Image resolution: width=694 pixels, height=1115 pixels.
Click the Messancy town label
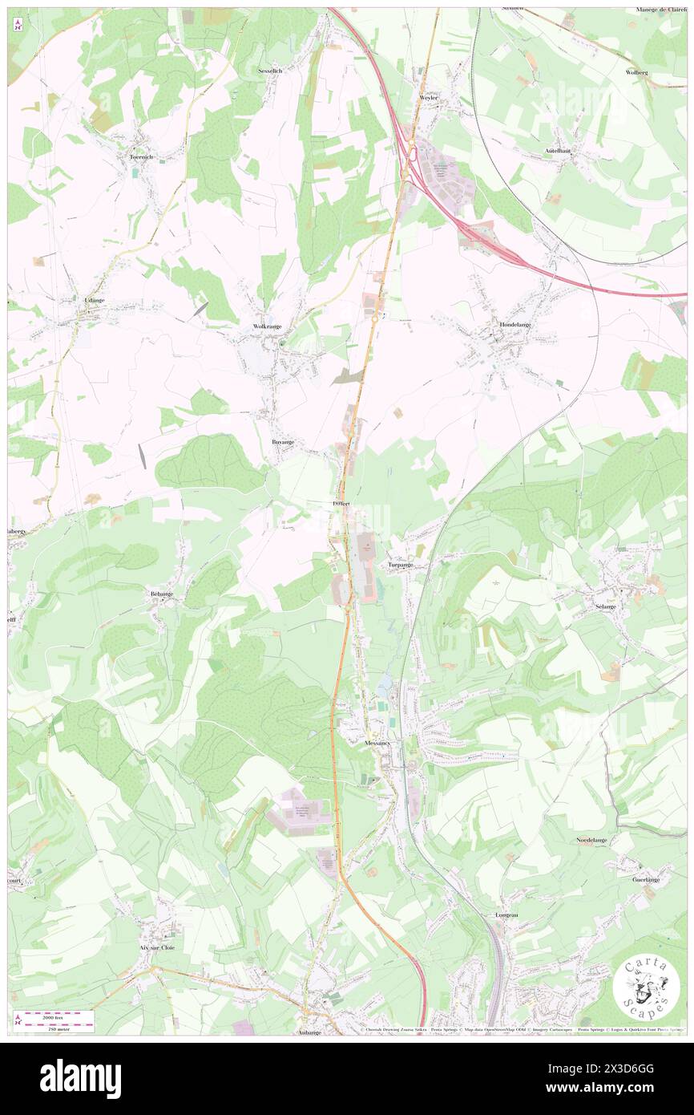point(377,744)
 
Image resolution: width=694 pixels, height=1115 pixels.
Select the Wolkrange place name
point(267,326)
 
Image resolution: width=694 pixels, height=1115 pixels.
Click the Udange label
point(95,300)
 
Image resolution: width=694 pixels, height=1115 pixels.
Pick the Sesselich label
point(270,71)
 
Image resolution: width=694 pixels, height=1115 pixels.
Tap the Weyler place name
point(430,97)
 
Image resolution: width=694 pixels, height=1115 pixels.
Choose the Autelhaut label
point(558,150)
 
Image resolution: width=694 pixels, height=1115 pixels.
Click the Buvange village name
point(282,441)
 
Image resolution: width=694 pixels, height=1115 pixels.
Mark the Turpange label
point(400,565)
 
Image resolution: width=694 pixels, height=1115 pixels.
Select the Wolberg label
point(635,72)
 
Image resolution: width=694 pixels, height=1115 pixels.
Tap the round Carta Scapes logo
point(646,988)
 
